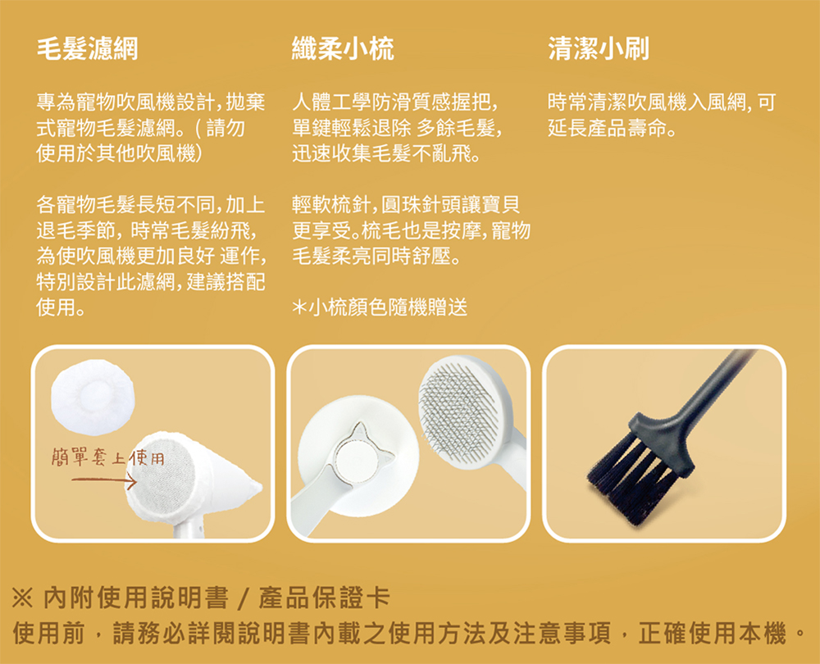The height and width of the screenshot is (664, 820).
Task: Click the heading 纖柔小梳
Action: click(343, 50)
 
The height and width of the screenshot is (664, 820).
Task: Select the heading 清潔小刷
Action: click(599, 50)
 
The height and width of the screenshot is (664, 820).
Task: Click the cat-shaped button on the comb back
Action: click(358, 456)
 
